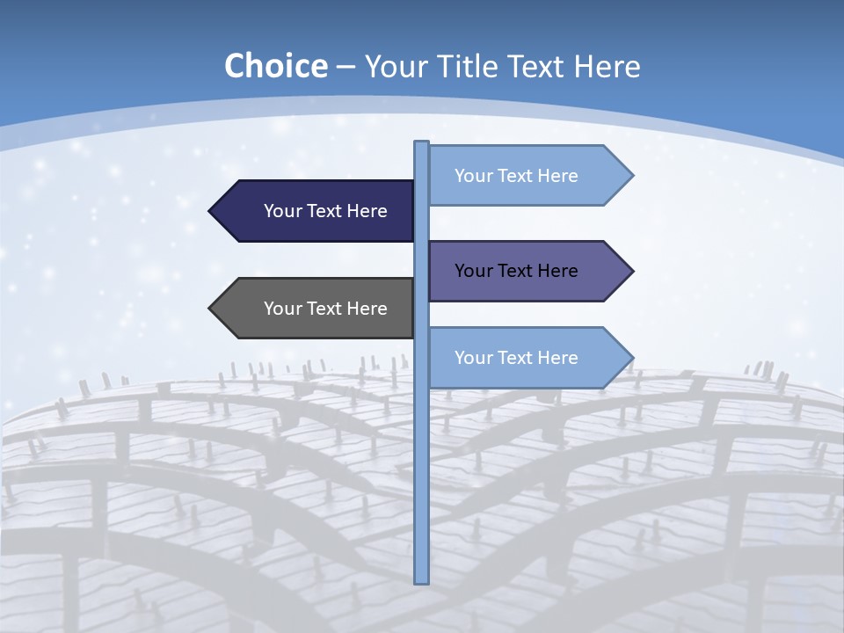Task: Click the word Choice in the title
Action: (275, 66)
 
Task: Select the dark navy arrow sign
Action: (316, 211)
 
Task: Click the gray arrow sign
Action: (316, 309)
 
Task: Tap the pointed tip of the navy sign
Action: (210, 211)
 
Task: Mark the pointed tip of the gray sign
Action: (210, 309)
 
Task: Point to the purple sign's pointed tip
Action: (632, 271)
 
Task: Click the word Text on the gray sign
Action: (325, 309)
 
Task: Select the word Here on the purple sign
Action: (557, 271)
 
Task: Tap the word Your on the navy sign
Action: (282, 211)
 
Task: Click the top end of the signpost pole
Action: (422, 143)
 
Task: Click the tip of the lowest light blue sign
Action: (632, 358)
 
